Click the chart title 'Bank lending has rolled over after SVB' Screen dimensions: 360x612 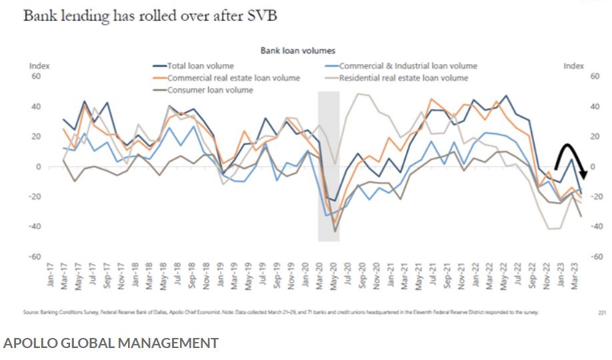[150, 15]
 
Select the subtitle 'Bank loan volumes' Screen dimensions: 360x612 [297, 50]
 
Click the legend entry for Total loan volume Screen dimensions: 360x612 [199, 66]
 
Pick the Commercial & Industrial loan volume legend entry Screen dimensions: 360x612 [407, 66]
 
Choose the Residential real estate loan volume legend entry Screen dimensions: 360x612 [403, 78]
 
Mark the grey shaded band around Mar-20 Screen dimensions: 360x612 [329, 166]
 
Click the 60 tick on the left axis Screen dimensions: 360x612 [36, 77]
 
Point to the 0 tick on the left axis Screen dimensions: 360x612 [38, 167]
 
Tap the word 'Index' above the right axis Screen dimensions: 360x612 [573, 66]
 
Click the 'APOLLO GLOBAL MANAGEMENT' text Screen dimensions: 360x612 [111, 343]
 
